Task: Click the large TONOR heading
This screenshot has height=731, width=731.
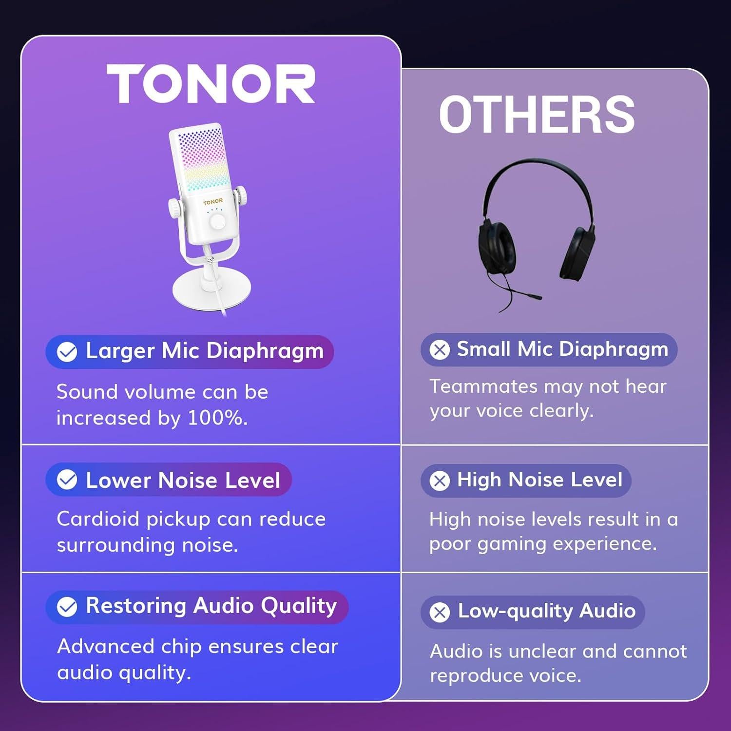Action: pos(211,84)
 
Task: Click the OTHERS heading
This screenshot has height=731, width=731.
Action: pos(537,115)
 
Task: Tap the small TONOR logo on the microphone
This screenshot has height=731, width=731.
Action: pos(213,202)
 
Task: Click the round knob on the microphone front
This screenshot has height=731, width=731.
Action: pos(218,222)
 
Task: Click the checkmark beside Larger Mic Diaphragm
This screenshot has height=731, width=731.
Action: pos(67,352)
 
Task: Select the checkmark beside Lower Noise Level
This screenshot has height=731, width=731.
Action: pos(67,480)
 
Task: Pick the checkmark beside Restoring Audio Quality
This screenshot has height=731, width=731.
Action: pos(67,607)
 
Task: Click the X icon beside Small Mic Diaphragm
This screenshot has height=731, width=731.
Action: pos(440,349)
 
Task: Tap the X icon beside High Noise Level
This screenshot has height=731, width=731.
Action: pos(440,481)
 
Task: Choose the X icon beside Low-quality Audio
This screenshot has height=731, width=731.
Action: pos(440,612)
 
